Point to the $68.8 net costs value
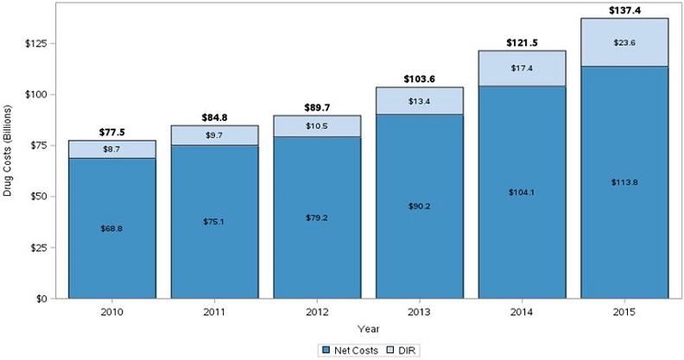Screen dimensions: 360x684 coord(112,228)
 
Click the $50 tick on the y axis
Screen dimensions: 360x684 coord(41,197)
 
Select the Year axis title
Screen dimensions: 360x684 coord(369,329)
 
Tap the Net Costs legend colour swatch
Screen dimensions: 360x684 coord(326,350)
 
